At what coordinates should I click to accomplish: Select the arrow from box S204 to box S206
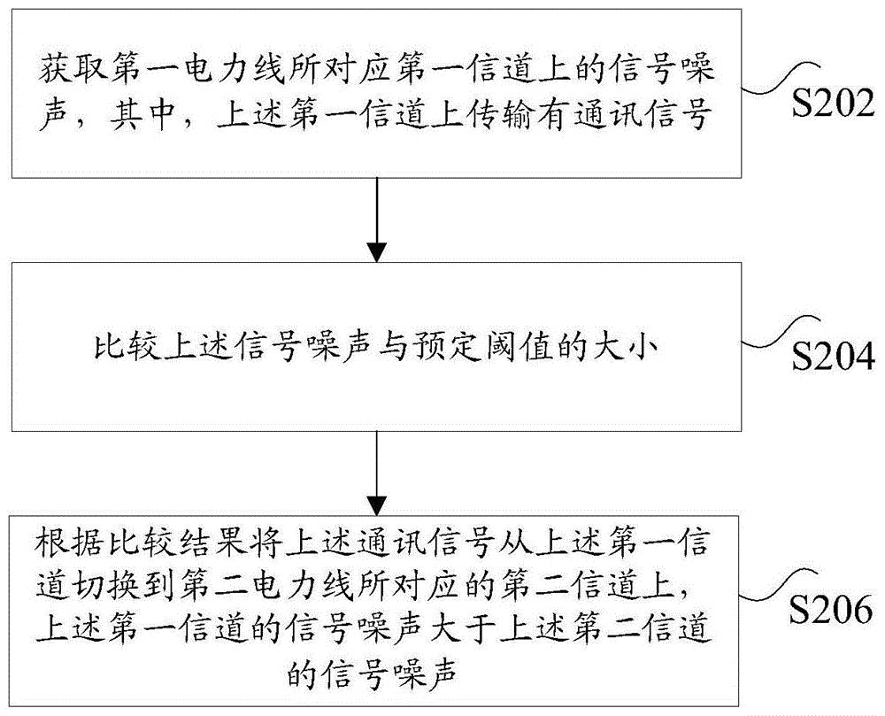(378, 468)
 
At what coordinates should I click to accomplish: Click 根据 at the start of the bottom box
(63, 540)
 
